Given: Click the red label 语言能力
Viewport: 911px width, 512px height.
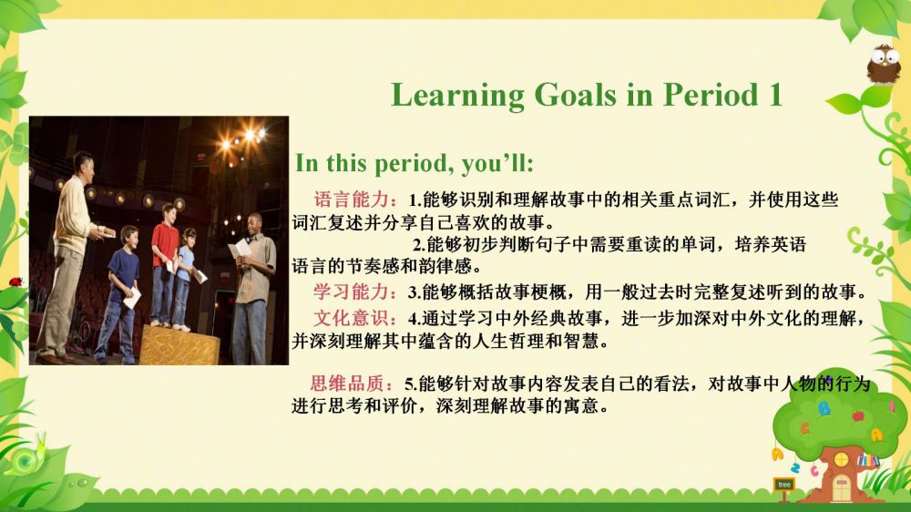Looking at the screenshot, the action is point(352,200).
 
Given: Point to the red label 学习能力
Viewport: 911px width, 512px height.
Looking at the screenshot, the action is point(351,292).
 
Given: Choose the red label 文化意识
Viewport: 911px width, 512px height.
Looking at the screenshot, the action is point(351,318).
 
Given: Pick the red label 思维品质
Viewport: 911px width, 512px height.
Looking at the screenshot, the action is point(347,383).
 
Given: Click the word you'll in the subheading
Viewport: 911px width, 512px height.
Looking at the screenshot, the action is point(497,163).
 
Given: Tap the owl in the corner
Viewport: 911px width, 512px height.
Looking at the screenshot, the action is point(883,64).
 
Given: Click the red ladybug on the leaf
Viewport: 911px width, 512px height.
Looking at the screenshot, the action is point(15,282).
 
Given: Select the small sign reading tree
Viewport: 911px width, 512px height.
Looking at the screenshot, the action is point(783,484).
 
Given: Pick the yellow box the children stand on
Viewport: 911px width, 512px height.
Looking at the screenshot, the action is point(180,345).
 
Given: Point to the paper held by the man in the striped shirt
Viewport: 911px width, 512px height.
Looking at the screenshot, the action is point(240,250).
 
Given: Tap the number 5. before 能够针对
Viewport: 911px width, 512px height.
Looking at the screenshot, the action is point(411,384).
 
